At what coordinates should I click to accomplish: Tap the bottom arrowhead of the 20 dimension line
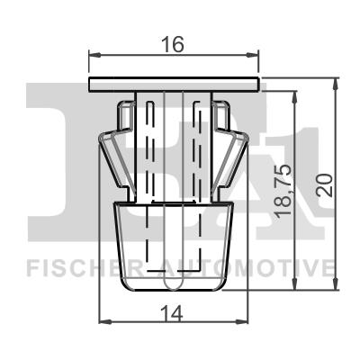tap(335, 289)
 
